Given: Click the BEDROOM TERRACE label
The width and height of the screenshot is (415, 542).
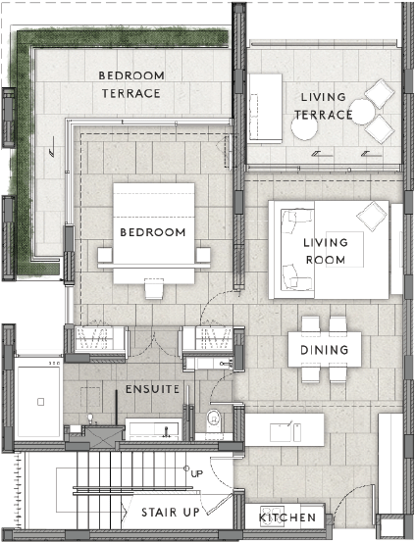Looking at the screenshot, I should (131, 84).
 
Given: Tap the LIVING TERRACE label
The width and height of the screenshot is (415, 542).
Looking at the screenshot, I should (324, 105).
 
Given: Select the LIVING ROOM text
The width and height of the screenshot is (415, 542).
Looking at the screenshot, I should (325, 251).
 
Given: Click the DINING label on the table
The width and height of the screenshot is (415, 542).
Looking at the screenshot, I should (324, 349).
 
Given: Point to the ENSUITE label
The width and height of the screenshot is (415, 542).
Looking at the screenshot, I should (152, 389).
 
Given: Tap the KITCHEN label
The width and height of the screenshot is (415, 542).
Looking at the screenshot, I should (287, 517).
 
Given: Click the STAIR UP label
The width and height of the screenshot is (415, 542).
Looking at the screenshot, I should (172, 513).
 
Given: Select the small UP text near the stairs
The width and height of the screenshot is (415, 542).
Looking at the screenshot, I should (196, 473).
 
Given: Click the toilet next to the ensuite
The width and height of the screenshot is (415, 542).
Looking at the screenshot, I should (215, 421).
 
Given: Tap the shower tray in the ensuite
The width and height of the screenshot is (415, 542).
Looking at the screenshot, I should (39, 400).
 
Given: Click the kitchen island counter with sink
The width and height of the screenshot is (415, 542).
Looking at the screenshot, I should (284, 428).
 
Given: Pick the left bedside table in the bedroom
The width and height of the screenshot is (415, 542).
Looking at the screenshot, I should (106, 256).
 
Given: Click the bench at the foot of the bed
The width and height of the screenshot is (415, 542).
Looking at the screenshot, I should (154, 288).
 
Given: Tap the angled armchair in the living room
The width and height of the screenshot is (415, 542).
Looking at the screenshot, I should (371, 214).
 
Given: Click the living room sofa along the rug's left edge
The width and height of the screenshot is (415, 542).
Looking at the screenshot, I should (290, 250).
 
